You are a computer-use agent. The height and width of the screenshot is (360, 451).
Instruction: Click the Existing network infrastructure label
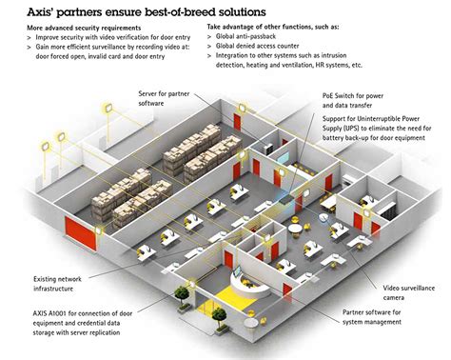[x=61, y=282]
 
